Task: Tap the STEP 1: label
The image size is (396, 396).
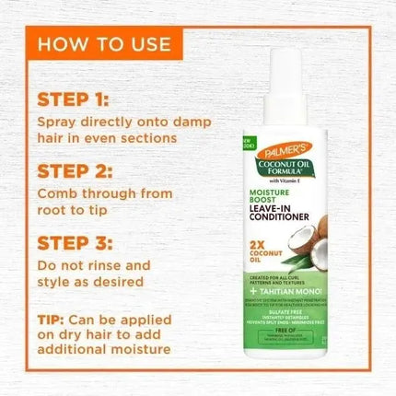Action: [72, 99]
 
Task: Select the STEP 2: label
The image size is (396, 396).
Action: [72, 171]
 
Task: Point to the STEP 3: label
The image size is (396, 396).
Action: [72, 242]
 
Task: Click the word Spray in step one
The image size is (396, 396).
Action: [58, 121]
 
